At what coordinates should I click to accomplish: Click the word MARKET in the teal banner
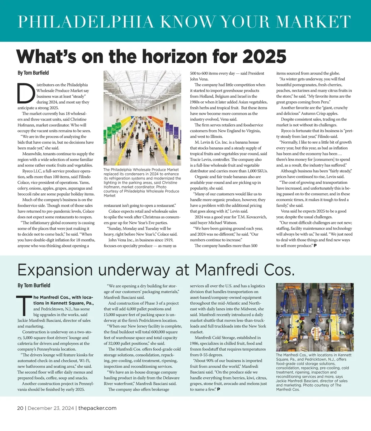tap(313, 22)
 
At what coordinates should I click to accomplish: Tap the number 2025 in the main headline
tap(264, 57)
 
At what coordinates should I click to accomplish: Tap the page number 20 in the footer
tap(20, 408)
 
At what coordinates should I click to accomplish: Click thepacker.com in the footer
tap(97, 408)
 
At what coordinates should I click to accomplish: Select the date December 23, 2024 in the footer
tap(51, 408)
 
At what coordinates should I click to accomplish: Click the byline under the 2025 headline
tap(33, 73)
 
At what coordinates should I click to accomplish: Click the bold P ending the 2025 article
tap(315, 246)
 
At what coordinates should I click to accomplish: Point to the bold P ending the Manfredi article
tap(219, 389)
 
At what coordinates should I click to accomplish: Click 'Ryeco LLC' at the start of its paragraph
tap(32, 171)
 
